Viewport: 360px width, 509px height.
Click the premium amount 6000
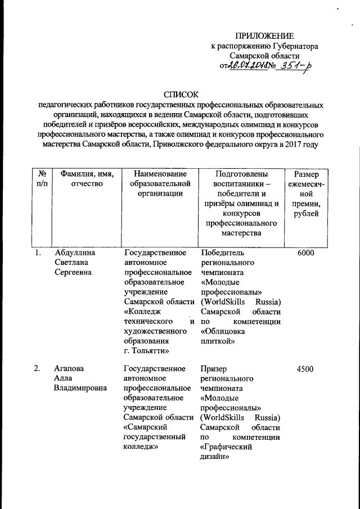[x=304, y=254]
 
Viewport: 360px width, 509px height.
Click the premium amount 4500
[x=304, y=369]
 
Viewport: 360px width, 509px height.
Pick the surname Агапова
[x=69, y=369]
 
